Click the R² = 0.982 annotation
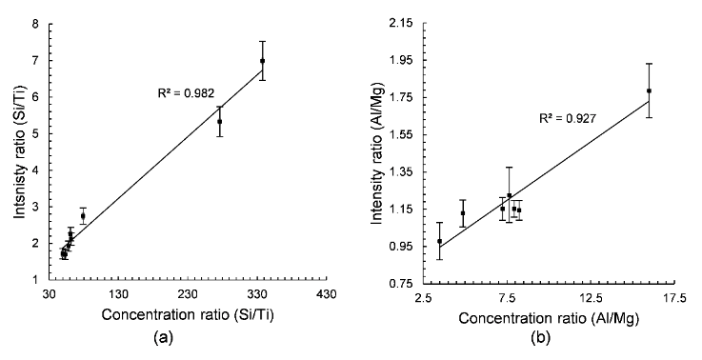click(x=186, y=93)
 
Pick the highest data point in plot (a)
click(x=262, y=61)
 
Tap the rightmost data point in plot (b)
click(x=649, y=91)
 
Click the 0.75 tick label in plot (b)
click(x=401, y=283)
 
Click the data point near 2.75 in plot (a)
click(x=83, y=216)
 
